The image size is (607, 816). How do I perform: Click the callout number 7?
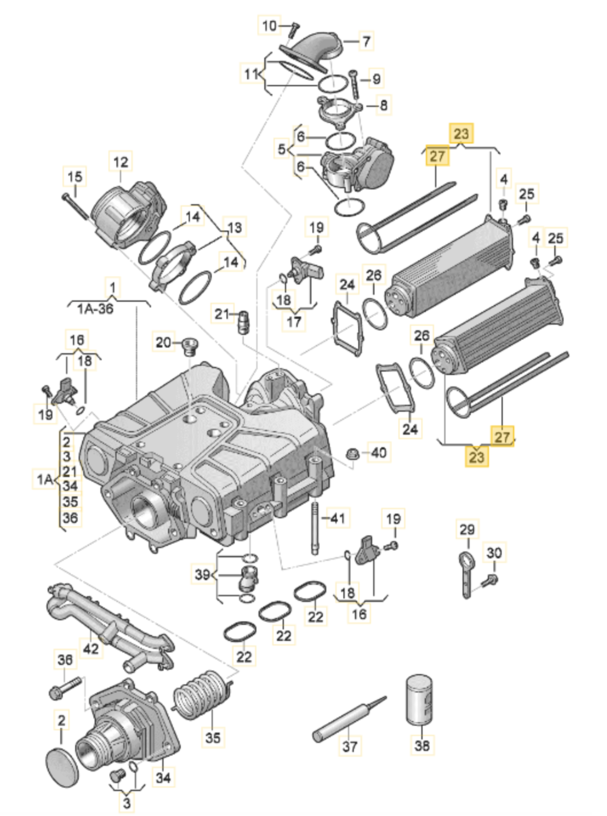coord(366,41)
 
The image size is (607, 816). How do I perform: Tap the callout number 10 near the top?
coord(269,26)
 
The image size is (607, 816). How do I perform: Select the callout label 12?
coord(120,162)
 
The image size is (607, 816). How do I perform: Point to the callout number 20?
coord(163,342)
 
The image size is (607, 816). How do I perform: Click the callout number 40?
coord(379,452)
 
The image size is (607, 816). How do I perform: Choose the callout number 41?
coord(337,517)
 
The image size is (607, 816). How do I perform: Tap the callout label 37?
coord(350,746)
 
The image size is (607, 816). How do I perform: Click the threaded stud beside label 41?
coord(315,527)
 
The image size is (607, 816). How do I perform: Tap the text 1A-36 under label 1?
coord(95,309)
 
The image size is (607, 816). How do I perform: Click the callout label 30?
coord(494,553)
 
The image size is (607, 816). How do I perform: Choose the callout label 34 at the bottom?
coord(163,777)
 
